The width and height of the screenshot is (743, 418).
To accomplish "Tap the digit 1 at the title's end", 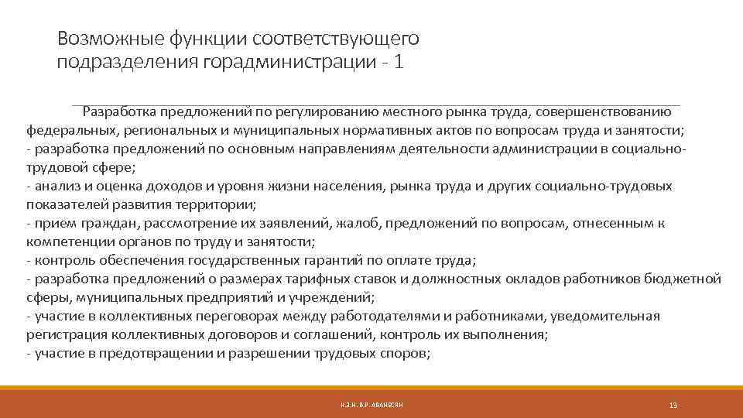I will click(x=398, y=62).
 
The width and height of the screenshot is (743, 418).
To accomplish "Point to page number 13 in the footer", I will click(x=673, y=405).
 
